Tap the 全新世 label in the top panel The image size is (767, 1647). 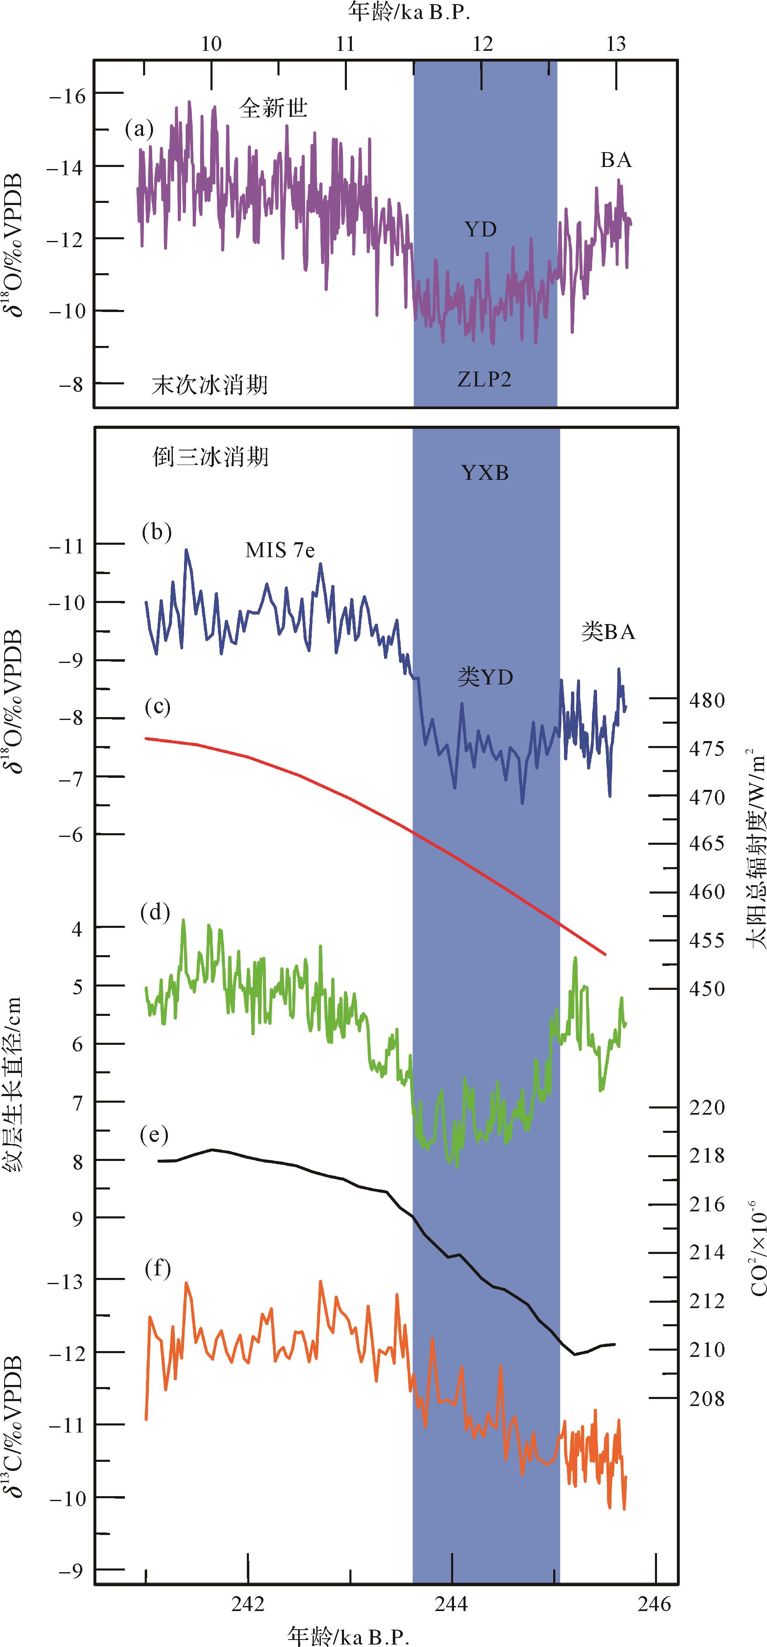(273, 107)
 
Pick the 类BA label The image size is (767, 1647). (608, 632)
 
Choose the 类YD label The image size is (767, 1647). (485, 677)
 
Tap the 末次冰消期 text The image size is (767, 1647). (210, 385)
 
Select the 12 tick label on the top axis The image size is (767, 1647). (483, 43)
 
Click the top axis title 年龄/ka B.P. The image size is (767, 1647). (409, 12)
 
